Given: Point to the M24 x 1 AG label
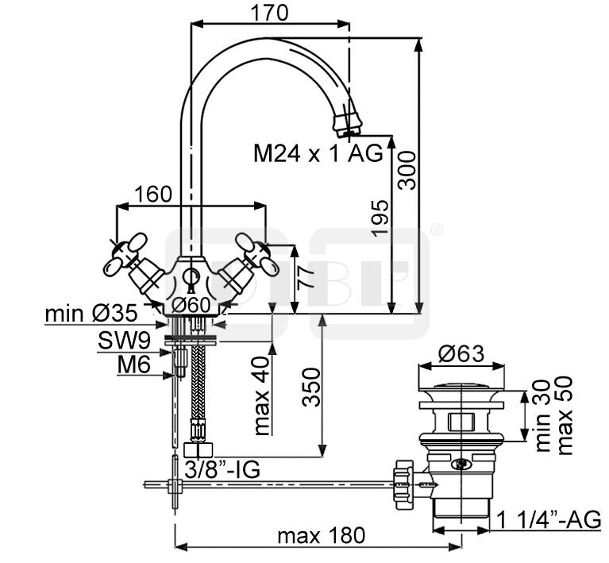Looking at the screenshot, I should (x=318, y=152).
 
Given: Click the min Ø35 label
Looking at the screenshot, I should (x=91, y=314).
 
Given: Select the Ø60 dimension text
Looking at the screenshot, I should (x=190, y=304).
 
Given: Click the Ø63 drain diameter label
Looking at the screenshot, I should (x=461, y=357).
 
